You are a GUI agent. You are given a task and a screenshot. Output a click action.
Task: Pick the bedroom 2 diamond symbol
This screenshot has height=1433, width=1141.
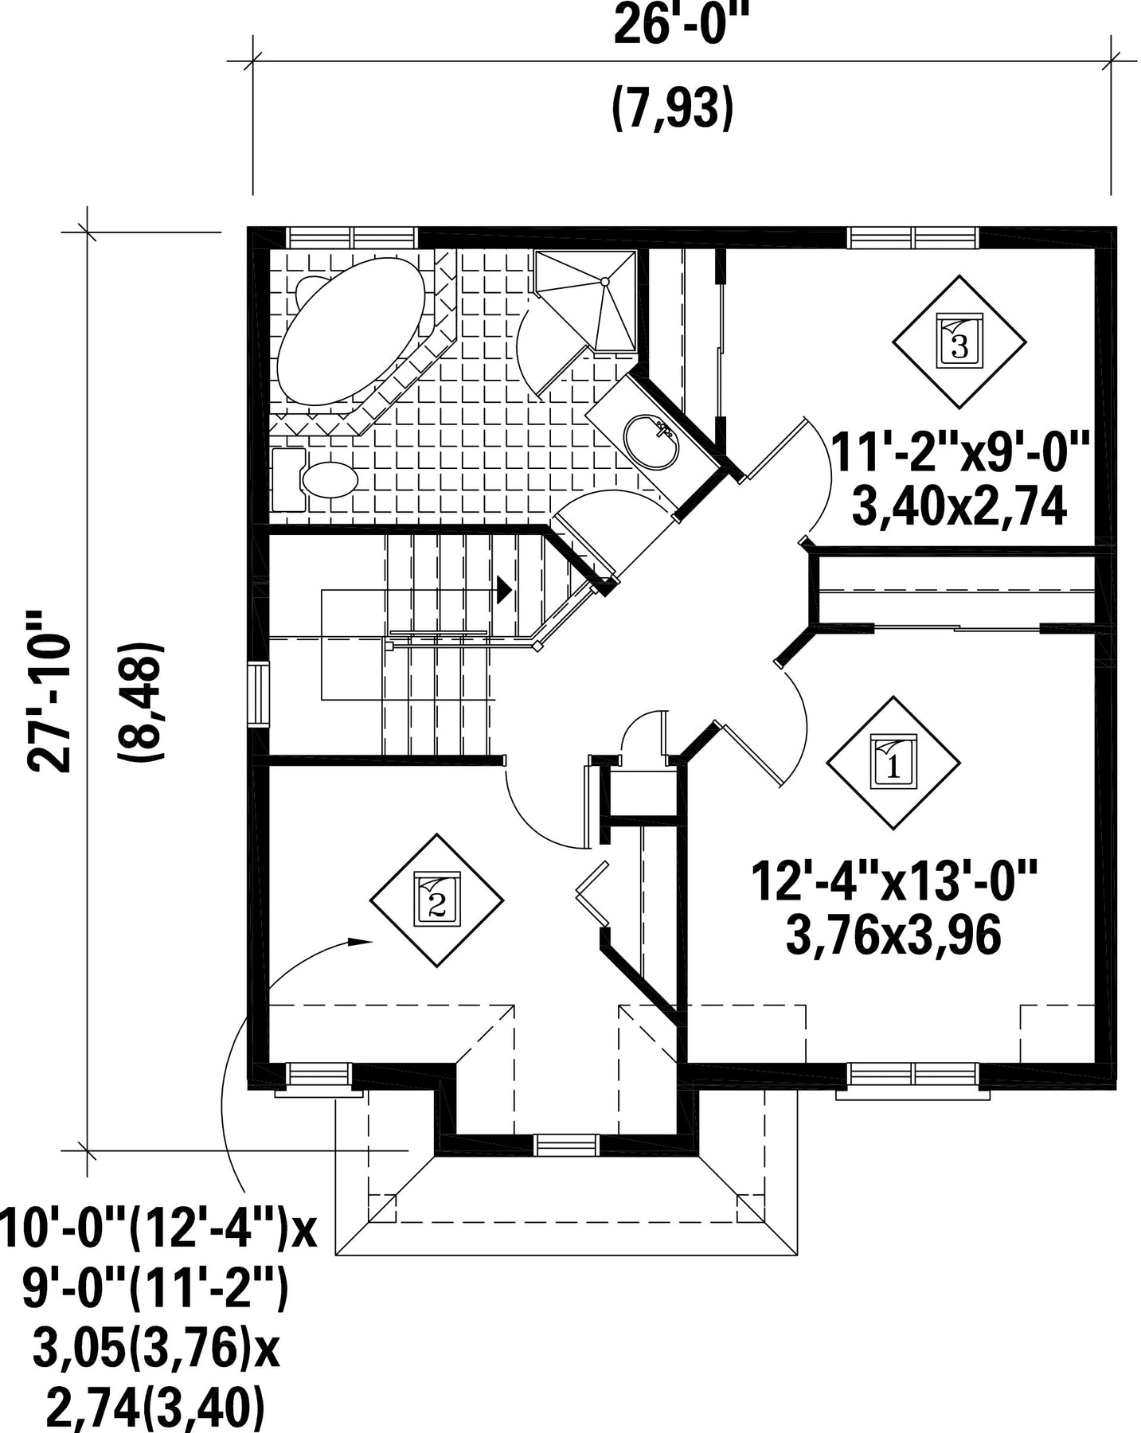437,900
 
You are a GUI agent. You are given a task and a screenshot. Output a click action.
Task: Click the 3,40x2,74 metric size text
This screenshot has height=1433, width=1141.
959,506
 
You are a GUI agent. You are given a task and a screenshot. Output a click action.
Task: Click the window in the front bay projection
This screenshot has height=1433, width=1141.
566,1145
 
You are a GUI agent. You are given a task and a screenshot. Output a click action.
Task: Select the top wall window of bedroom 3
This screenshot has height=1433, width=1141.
913,237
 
